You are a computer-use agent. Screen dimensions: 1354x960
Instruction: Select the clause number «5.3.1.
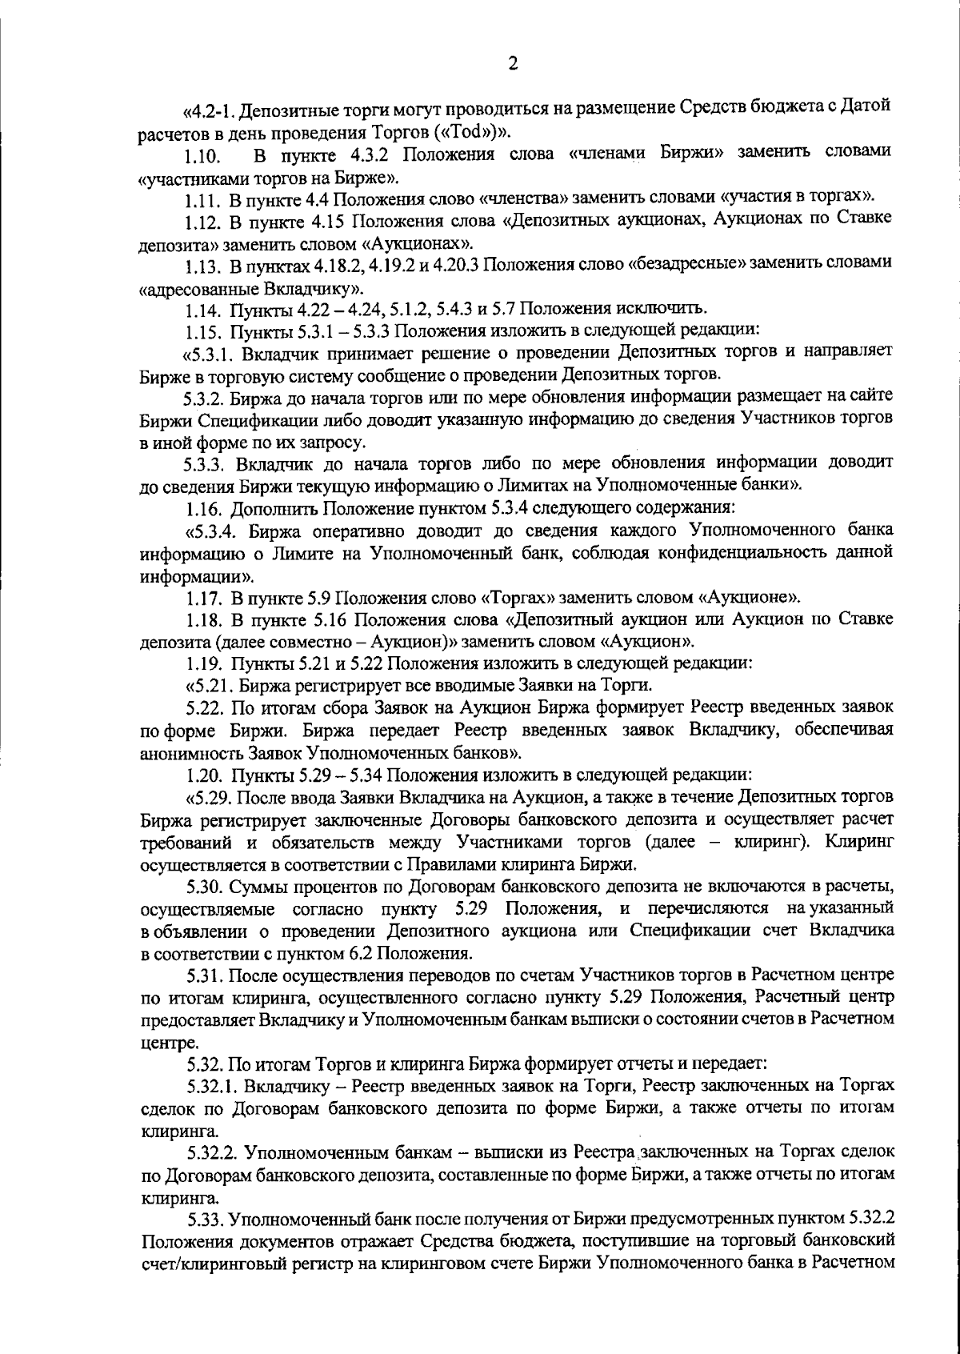click(213, 352)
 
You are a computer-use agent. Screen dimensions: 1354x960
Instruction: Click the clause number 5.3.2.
click(209, 397)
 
